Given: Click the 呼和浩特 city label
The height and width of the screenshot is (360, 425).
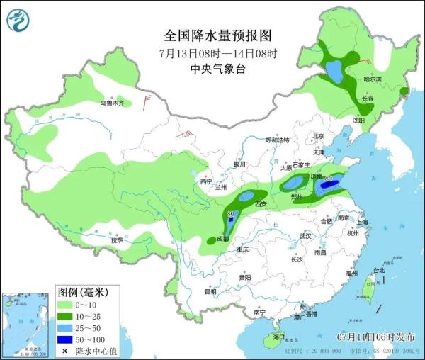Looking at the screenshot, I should point(278,140).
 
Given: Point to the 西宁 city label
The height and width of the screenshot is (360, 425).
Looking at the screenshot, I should point(206,182).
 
